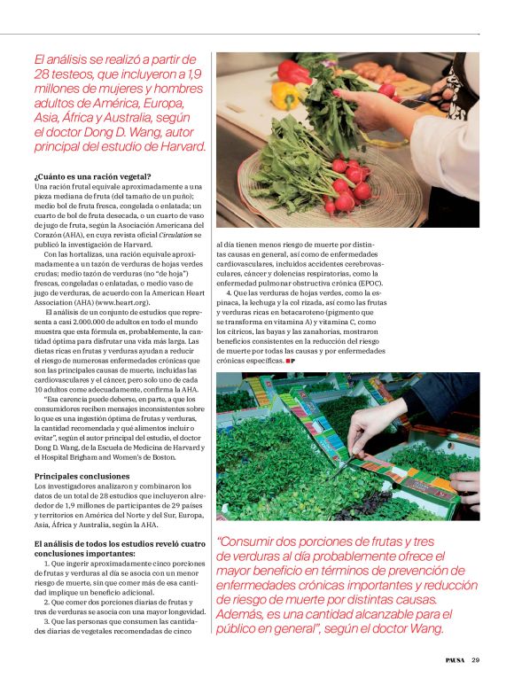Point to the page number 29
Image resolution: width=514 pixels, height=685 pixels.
(476, 659)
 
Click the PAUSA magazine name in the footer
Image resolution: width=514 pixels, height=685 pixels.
(455, 659)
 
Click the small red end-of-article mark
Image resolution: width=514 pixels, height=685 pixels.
(290, 361)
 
